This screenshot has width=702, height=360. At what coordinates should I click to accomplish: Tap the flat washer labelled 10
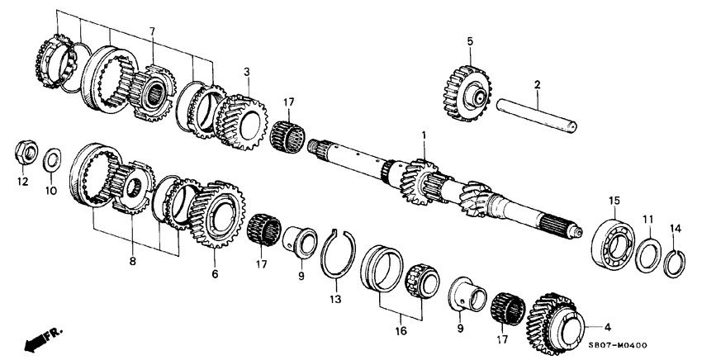click(x=52, y=156)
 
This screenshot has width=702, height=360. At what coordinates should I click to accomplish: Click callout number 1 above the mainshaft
click(x=423, y=134)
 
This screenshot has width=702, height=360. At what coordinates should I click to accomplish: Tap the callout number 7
click(x=151, y=32)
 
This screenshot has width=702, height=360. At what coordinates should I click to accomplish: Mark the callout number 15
click(x=613, y=201)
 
